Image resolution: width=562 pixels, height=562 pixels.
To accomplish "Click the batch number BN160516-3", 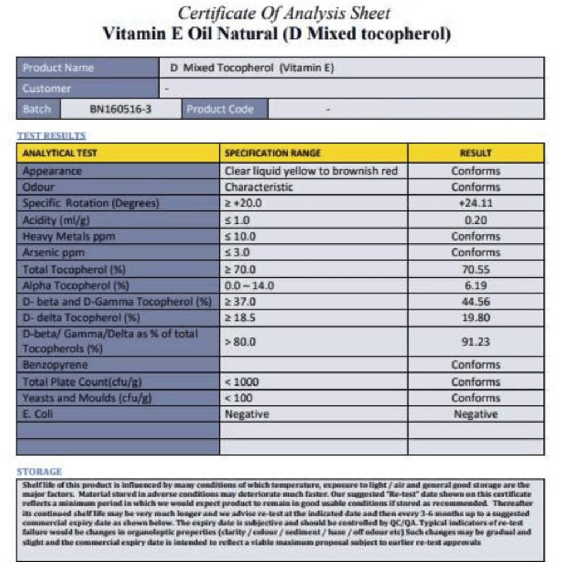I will pyautogui.click(x=121, y=109).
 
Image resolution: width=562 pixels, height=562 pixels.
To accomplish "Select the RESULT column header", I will pyautogui.click(x=475, y=153).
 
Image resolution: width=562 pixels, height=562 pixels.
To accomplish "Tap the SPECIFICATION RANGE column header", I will pyautogui.click(x=273, y=153).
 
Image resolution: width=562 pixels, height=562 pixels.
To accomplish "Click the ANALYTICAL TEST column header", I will pyautogui.click(x=60, y=153).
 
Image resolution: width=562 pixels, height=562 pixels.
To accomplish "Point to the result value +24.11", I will pyautogui.click(x=475, y=203).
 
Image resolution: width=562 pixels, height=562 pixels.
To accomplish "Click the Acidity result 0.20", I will pyautogui.click(x=476, y=220).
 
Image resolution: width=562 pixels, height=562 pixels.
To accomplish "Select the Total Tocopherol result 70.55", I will pyautogui.click(x=476, y=269).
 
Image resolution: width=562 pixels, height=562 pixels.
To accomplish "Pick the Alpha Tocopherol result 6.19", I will pyautogui.click(x=476, y=285).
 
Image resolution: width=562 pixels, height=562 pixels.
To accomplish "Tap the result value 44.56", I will pyautogui.click(x=476, y=302).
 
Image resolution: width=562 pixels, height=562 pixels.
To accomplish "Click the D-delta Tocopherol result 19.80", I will pyautogui.click(x=476, y=318).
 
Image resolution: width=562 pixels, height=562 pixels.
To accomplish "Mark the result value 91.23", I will pyautogui.click(x=476, y=342).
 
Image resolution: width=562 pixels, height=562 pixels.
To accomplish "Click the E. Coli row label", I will pyautogui.click(x=38, y=415).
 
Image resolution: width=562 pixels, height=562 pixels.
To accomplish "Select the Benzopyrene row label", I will pyautogui.click(x=55, y=365).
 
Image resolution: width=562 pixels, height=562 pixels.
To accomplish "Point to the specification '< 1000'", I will pyautogui.click(x=242, y=382).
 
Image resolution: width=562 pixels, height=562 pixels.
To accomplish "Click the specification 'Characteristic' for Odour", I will pyautogui.click(x=259, y=187).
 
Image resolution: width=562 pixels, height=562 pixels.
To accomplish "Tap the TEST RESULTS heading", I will pyautogui.click(x=51, y=136).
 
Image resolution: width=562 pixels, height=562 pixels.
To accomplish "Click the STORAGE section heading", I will pyautogui.click(x=39, y=472).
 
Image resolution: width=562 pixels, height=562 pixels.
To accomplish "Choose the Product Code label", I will pyautogui.click(x=220, y=109).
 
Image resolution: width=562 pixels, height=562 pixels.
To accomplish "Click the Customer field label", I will pyautogui.click(x=47, y=88).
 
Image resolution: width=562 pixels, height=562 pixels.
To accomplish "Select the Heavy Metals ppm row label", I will pyautogui.click(x=69, y=236).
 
